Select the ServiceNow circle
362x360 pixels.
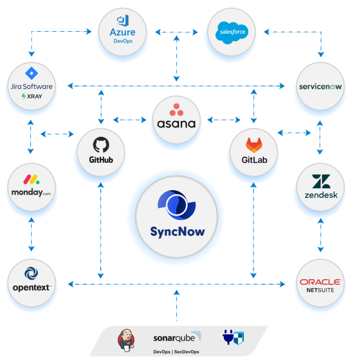[x=320, y=86]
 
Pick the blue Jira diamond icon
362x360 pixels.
[x=31, y=73]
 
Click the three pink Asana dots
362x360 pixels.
[x=176, y=109]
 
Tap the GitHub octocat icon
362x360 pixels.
[x=101, y=144]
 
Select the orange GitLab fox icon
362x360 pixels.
[x=254, y=144]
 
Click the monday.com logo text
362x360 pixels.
[x=31, y=192]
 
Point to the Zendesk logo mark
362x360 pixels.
[x=321, y=182]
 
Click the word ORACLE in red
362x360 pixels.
[x=320, y=282]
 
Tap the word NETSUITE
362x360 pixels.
[x=320, y=290]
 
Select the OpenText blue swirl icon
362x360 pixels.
[x=31, y=274]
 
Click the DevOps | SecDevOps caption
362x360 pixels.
[x=176, y=352]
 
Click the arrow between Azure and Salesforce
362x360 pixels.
[x=176, y=31]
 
